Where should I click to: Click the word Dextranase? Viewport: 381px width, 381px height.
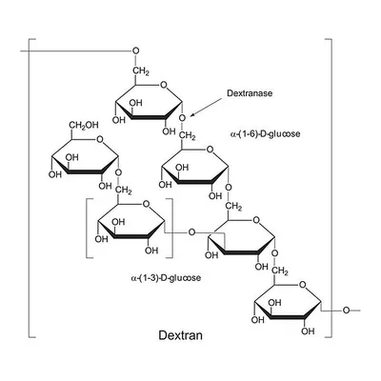point(250,93)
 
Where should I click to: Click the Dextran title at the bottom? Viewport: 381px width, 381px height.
point(180,335)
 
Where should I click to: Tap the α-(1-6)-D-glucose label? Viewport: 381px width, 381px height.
point(265,134)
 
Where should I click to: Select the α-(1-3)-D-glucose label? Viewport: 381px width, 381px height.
point(166,278)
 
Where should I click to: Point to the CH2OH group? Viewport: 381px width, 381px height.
point(84,125)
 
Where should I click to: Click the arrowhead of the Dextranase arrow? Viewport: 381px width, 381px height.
point(192,114)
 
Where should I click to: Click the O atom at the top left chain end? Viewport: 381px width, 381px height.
point(136,50)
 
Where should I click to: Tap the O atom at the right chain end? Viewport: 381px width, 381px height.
point(346,310)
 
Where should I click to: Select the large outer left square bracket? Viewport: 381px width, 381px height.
point(29,188)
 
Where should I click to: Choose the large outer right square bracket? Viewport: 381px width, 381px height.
point(331,188)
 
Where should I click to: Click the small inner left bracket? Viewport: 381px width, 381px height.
point(87,229)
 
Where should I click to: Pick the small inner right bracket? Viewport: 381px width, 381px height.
point(172,229)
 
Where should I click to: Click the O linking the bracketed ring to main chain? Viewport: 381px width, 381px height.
point(191,232)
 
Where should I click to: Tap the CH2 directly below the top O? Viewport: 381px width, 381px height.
point(141,70)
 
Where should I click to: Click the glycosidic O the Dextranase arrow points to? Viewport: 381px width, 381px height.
point(182,118)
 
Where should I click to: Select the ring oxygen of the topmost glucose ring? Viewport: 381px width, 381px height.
point(163,85)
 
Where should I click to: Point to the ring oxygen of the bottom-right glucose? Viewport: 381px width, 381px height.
point(303,285)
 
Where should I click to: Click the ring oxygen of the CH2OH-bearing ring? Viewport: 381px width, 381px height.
point(100,139)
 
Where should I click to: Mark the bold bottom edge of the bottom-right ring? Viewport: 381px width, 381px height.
point(288,318)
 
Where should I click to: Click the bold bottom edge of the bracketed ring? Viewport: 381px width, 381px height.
point(131,237)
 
